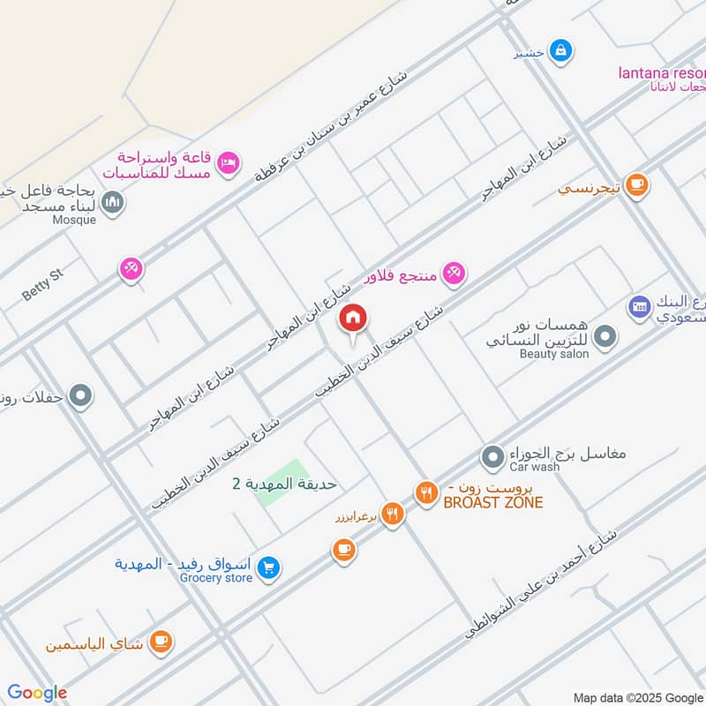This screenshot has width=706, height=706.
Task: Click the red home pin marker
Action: click(353, 319)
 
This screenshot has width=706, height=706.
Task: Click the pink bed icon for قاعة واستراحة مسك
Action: click(229, 162)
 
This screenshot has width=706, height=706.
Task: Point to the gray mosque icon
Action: click(113, 204)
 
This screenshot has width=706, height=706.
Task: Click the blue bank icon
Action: click(639, 307)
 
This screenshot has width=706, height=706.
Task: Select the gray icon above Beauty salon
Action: click(605, 336)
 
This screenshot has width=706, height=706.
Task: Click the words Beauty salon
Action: click(553, 354)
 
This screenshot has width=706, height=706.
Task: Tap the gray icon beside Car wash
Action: click(492, 457)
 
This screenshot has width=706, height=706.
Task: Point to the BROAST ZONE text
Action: click(492, 503)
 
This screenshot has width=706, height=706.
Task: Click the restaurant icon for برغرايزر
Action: click(393, 513)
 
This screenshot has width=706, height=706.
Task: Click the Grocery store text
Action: click(216, 578)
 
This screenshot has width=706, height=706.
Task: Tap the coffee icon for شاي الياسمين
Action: click(161, 641)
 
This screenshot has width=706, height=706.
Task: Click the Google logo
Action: click(37, 693)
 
